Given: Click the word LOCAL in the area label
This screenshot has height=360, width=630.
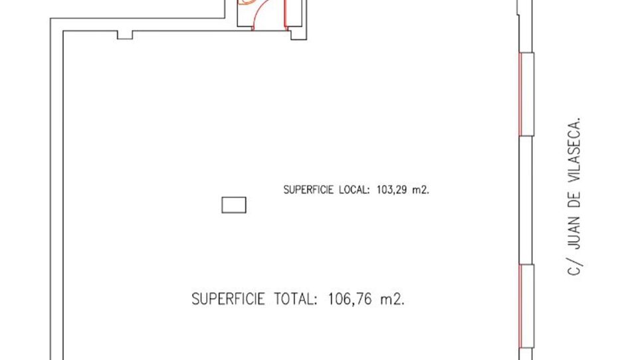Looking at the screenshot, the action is [354, 190].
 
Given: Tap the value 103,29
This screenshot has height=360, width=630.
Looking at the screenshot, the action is [392, 190].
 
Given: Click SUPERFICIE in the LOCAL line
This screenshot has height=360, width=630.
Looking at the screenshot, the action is [309, 190].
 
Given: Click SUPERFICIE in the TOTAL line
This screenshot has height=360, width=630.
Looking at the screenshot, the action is [228, 299].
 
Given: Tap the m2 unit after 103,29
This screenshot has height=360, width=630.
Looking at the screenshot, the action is [421, 190].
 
